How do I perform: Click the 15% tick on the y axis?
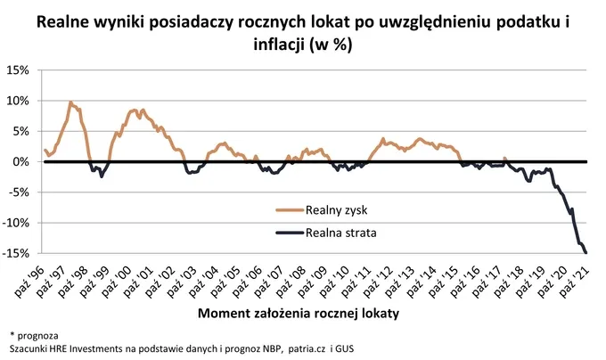(x=19, y=70)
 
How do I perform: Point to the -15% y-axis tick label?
(x=17, y=254)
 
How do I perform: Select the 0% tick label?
(x=22, y=162)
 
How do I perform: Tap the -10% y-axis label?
(x=17, y=224)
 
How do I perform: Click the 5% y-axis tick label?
(x=22, y=131)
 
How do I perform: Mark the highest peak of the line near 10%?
(x=70, y=102)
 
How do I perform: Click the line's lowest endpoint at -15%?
(x=586, y=253)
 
